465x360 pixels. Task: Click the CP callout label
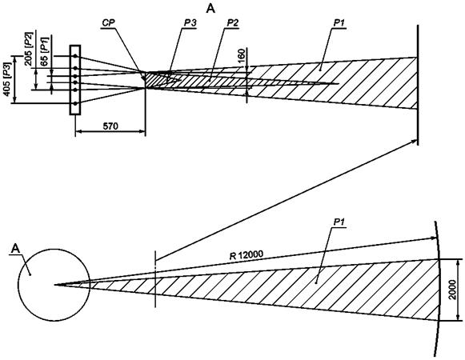point(108,23)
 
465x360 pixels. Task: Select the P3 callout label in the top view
point(189,23)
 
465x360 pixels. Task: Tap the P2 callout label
point(232,23)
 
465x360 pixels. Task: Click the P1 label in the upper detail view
point(339,23)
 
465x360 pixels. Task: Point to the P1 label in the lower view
point(339,222)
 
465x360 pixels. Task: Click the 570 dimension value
point(110,126)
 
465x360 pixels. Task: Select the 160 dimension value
point(242,56)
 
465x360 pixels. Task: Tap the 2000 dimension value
point(452,290)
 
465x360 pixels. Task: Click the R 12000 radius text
point(247,254)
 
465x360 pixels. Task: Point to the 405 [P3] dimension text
point(7,79)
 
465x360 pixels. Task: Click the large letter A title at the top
point(210,9)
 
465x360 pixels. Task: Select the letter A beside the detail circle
point(15,249)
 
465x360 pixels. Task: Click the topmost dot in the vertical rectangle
point(75,56)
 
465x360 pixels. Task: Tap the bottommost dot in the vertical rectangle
point(75,103)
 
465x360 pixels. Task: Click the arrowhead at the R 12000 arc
point(434,238)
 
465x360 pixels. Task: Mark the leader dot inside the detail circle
point(30,274)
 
